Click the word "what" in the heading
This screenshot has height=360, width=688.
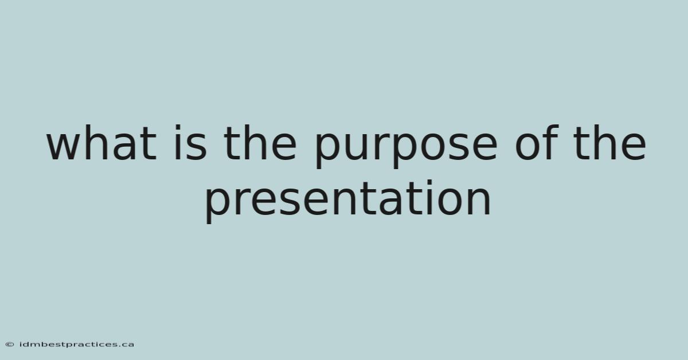[101, 142]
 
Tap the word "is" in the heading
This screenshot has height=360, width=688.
[191, 142]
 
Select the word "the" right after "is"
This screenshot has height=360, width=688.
[260, 142]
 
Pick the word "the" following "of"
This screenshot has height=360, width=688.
[609, 142]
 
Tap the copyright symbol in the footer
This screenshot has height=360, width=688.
[10, 345]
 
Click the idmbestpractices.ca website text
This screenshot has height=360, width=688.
[77, 345]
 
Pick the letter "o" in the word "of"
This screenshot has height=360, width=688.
[527, 147]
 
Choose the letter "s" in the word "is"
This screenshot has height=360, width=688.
[197, 147]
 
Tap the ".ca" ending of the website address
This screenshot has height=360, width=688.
[126, 345]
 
